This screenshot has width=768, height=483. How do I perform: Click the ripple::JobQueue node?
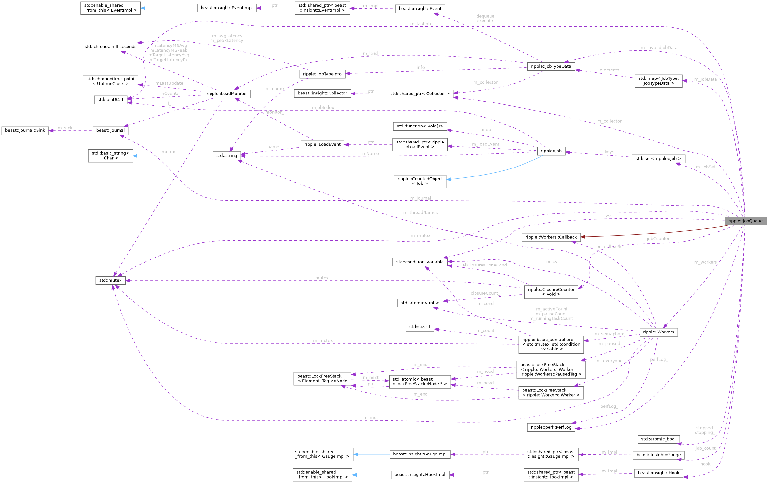745,221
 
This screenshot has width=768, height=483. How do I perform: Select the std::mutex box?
110,280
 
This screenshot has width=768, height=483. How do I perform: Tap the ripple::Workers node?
658,332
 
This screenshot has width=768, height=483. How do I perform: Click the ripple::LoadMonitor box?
227,94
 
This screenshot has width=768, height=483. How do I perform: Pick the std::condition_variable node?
420,262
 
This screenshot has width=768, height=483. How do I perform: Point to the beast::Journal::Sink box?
25,130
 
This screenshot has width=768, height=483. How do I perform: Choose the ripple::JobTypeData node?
551,67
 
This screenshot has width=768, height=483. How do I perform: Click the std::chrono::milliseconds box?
110,47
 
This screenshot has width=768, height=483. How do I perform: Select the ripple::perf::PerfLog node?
551,427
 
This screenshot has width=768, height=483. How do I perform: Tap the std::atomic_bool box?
658,439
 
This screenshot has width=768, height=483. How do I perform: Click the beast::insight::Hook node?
658,473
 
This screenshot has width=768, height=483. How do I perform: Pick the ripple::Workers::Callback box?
551,237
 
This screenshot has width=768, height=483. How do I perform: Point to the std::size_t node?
420,327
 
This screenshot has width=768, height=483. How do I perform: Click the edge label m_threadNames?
420,213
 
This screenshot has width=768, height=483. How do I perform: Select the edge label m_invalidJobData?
659,48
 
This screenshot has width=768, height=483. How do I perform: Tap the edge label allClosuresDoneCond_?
485,265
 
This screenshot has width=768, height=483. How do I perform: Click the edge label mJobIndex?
323,108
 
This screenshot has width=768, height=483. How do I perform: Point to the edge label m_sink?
65,128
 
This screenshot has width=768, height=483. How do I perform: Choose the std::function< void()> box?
420,126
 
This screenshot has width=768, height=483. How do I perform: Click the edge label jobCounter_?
658,239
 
